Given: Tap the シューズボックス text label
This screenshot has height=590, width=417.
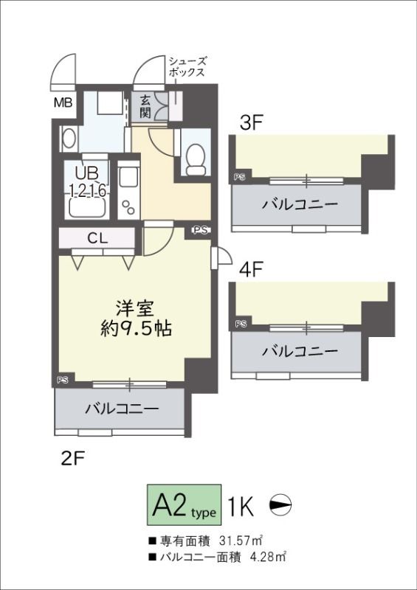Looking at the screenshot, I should [187, 67].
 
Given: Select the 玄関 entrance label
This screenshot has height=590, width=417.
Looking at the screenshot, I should [146, 108].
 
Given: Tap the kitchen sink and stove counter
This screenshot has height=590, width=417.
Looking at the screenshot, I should [128, 192].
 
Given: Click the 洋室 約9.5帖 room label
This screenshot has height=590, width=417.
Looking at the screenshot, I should [136, 317].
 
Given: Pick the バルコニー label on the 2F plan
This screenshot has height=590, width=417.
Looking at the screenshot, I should [122, 408].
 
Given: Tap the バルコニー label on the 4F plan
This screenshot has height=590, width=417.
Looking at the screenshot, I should [299, 350].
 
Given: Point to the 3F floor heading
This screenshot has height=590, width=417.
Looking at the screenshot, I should [252, 123].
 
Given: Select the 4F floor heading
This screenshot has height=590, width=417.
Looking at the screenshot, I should [252, 270].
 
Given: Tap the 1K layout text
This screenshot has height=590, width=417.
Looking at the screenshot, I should [241, 506].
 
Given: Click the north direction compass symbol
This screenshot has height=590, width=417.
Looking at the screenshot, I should [281, 505].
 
